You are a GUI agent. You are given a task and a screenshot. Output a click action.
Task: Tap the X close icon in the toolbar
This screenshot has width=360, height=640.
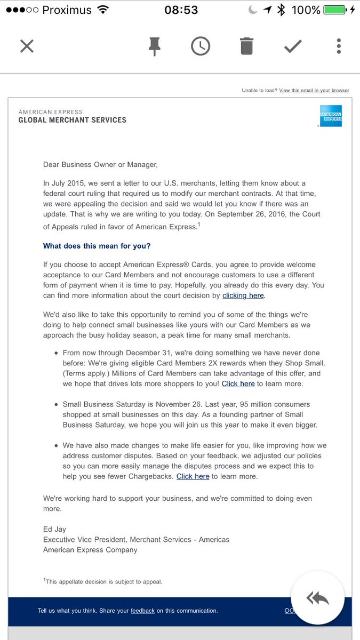click(27, 46)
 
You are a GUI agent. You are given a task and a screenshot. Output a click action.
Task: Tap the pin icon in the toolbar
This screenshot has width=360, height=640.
click(155, 46)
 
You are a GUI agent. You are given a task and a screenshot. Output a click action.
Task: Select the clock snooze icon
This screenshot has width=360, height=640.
click(200, 46)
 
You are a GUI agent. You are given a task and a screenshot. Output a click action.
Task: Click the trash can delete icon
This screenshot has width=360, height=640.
click(246, 46)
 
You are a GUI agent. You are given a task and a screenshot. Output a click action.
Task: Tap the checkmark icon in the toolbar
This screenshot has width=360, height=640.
click(293, 46)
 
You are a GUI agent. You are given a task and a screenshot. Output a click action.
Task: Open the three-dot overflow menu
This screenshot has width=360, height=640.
click(339, 46)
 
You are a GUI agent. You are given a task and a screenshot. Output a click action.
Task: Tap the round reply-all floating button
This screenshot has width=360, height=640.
click(318, 598)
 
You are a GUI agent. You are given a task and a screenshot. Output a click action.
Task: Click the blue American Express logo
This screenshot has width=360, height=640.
click(331, 116)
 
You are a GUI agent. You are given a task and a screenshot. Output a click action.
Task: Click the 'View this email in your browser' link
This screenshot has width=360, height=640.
click(314, 91)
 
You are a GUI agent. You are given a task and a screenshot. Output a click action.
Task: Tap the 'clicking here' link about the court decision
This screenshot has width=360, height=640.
click(243, 295)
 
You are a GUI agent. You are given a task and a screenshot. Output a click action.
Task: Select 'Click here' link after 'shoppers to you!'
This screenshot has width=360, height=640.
click(238, 383)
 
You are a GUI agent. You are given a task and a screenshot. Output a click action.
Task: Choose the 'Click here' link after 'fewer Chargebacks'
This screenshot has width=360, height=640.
click(193, 476)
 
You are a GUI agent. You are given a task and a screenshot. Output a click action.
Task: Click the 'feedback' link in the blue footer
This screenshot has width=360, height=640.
click(142, 611)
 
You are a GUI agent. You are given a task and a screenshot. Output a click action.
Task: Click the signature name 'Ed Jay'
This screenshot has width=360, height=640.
click(55, 529)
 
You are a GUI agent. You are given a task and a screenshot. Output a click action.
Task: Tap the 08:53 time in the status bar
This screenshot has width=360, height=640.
click(181, 10)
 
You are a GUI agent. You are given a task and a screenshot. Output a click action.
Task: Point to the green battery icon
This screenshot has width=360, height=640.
click(334, 10)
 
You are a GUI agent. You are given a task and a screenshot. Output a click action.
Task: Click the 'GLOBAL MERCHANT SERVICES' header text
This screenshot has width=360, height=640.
click(72, 120)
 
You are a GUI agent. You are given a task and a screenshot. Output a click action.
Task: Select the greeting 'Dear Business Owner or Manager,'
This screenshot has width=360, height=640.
click(100, 164)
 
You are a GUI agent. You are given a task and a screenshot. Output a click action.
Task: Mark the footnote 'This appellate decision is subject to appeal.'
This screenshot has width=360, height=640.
click(103, 581)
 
